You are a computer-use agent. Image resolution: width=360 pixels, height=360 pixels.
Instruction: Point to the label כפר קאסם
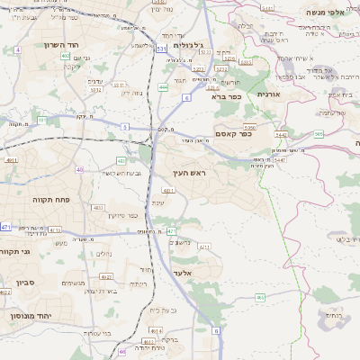pyautogui.click(x=233, y=134)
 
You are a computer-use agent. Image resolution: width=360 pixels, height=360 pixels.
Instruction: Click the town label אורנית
pyautogui.click(x=269, y=94)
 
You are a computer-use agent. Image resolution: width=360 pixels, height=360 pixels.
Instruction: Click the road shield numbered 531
pyautogui.click(x=160, y=49)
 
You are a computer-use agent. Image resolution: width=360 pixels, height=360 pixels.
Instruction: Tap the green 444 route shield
pyautogui.click(x=163, y=87)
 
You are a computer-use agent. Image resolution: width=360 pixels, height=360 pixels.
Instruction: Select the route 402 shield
pyautogui.click(x=65, y=56)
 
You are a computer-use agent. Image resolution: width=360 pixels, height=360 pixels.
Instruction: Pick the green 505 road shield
pyautogui.click(x=319, y=133)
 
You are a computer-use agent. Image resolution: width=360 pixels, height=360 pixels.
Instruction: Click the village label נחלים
pyautogui.click(x=104, y=254)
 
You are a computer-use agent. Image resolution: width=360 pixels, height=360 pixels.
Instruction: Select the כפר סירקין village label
pyautogui.click(x=126, y=215)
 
